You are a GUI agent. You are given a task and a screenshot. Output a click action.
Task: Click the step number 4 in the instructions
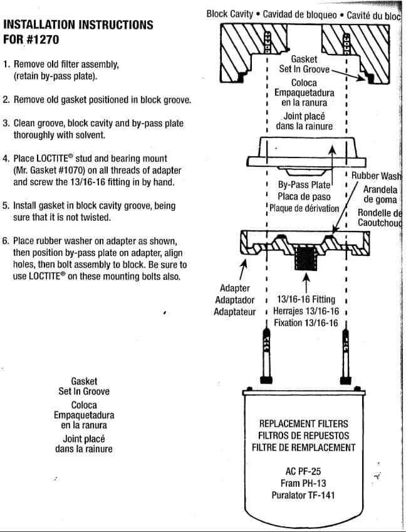coord(6,159)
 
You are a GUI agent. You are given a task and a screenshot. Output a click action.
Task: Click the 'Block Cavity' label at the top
coord(230,14)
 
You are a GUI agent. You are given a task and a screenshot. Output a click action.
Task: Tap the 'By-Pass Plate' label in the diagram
coord(304,185)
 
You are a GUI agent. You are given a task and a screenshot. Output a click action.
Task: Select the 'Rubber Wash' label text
coord(376,177)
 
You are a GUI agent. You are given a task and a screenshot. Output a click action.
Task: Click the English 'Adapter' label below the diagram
coord(235,288)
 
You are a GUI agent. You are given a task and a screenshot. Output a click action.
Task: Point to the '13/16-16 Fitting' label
coord(306,299)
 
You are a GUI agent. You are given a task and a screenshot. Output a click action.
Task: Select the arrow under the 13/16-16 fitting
coord(306,281)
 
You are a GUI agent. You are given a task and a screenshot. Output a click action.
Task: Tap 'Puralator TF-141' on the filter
coord(303,495)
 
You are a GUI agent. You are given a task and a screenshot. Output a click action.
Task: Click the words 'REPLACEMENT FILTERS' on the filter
coord(303,423)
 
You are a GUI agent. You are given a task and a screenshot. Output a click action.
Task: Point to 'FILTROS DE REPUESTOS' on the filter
coord(303,435)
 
